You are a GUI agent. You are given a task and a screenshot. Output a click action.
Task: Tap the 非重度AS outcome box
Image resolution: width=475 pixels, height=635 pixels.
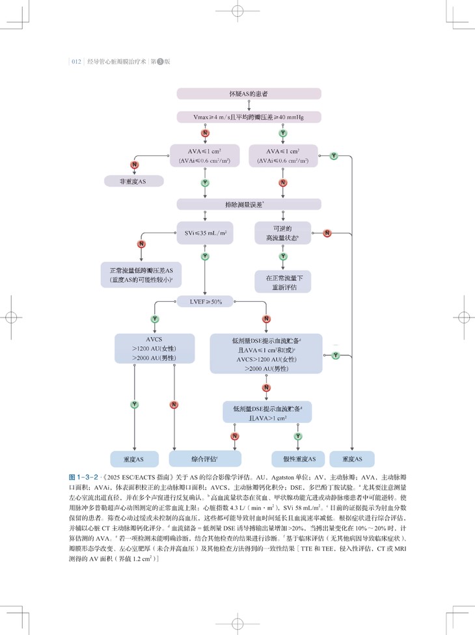[134, 182]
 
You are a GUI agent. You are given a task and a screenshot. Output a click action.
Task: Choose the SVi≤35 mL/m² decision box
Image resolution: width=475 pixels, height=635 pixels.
[205, 232]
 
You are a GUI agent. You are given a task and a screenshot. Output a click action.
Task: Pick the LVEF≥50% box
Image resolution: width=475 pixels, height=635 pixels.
[205, 301]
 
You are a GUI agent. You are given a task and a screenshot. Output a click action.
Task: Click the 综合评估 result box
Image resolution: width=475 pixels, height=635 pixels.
[205, 459]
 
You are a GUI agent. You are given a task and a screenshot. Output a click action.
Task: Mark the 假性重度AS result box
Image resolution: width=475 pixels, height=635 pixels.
[297, 459]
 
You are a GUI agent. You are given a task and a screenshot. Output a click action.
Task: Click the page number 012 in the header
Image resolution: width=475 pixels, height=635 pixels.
[75, 62]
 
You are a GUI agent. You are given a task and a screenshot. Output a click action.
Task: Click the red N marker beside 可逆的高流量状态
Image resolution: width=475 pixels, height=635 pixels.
[327, 233]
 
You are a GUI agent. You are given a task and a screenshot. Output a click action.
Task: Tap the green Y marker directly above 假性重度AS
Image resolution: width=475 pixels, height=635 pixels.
[297, 435]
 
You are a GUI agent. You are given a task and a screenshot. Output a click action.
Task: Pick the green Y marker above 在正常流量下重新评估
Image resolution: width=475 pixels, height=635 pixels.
[283, 256]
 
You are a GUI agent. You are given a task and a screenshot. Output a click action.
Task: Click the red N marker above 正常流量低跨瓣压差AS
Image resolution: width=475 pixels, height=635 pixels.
[141, 244]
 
